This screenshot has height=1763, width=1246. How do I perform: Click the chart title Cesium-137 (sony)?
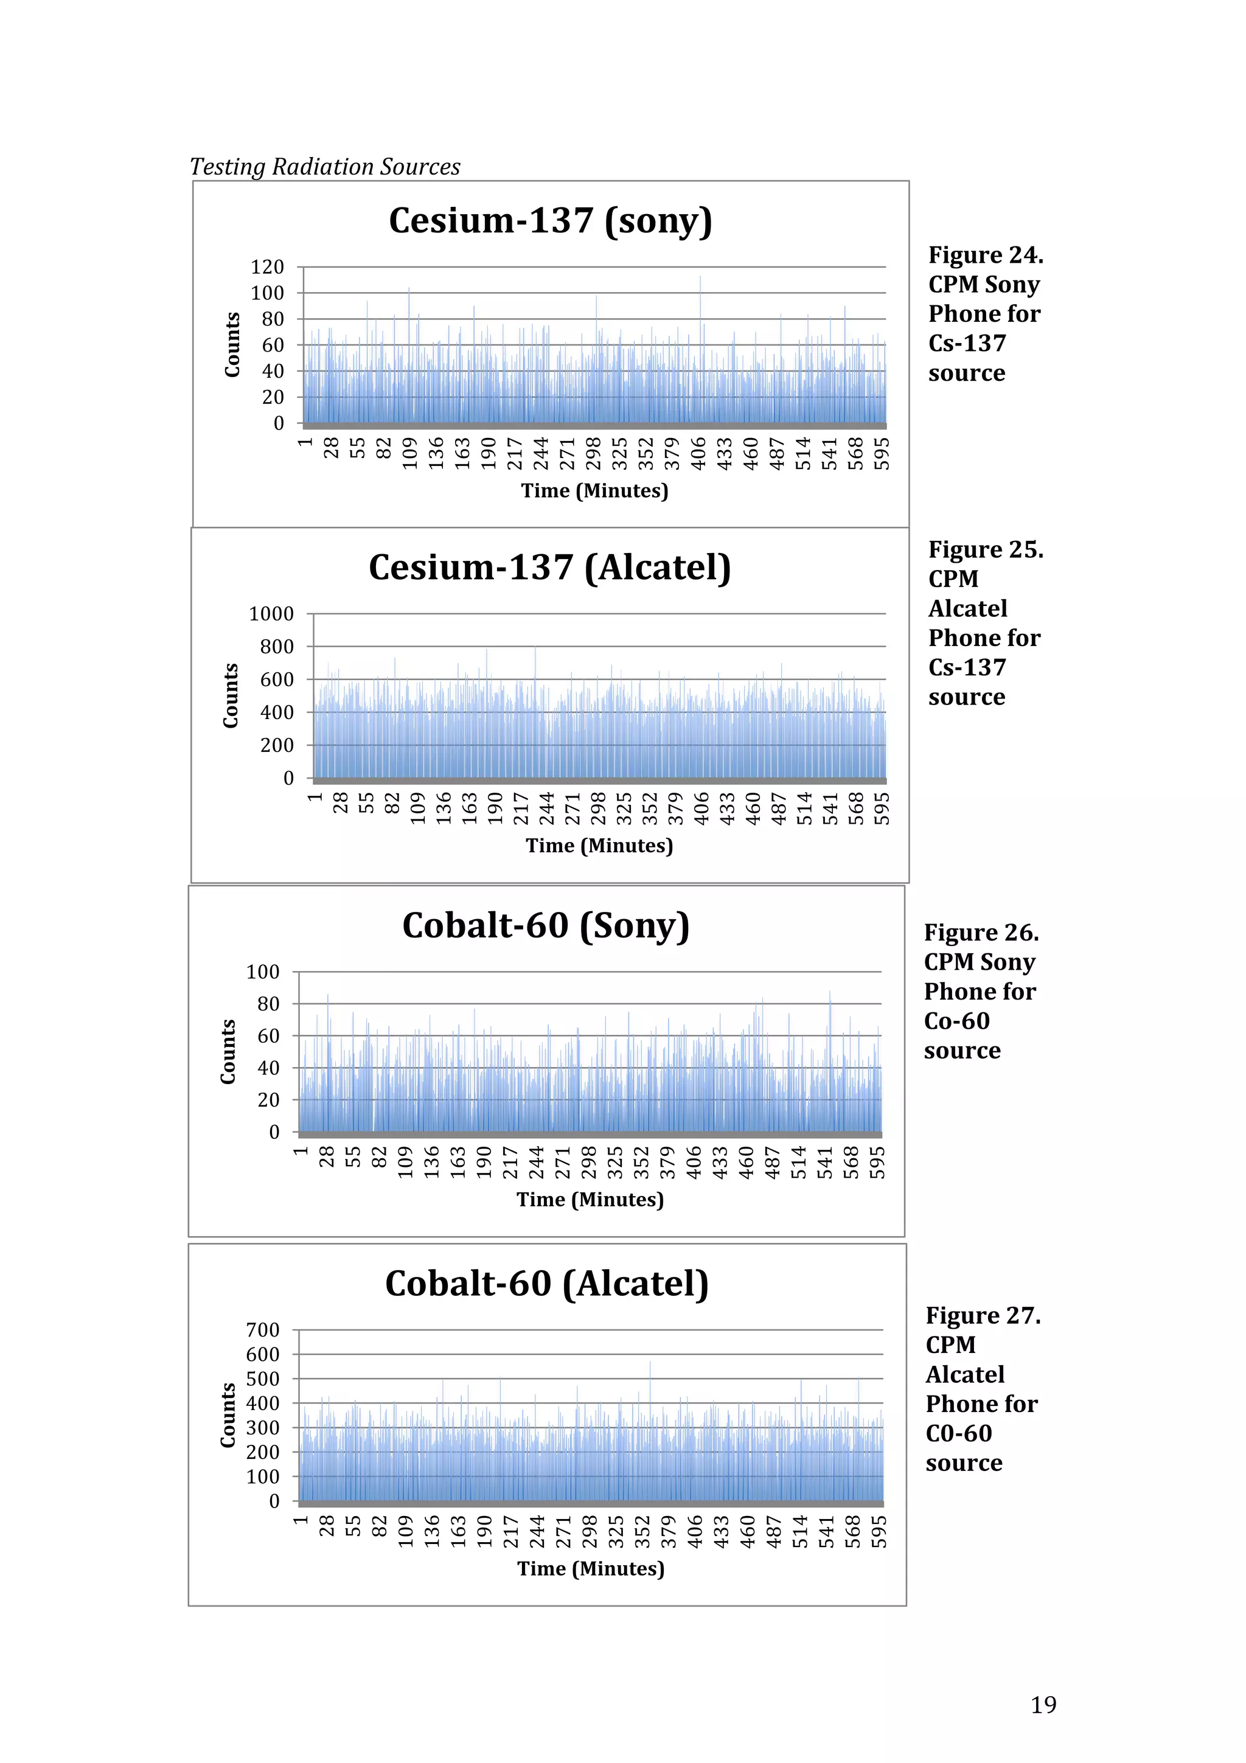(x=551, y=221)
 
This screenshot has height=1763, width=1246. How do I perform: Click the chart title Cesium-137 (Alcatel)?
(x=549, y=568)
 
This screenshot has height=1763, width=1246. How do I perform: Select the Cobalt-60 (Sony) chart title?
(x=546, y=926)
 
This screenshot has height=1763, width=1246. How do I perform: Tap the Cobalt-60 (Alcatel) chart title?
(x=546, y=1284)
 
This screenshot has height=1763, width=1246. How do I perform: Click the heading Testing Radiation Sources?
(x=325, y=167)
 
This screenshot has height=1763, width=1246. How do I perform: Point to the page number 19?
(x=1043, y=1705)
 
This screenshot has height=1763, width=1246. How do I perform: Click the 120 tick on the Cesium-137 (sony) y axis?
(x=267, y=267)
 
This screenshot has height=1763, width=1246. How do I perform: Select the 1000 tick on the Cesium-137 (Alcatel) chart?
(x=271, y=614)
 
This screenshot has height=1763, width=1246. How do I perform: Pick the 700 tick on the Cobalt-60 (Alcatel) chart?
(x=263, y=1330)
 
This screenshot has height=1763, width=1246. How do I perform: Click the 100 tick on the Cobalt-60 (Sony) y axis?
(x=263, y=972)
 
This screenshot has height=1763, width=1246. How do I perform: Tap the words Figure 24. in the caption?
(x=986, y=255)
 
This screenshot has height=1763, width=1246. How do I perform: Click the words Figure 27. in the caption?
(x=983, y=1315)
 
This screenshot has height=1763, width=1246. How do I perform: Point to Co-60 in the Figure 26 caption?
(x=956, y=1021)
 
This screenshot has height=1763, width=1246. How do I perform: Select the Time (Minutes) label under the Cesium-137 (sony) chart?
(x=594, y=491)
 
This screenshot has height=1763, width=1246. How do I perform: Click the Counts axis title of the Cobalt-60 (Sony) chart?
(x=228, y=1051)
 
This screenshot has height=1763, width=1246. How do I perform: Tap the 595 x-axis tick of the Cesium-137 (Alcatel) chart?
(x=883, y=808)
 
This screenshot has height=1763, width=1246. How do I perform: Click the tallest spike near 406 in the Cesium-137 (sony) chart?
(x=700, y=278)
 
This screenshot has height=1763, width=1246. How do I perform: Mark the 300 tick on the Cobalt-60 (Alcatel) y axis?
(x=263, y=1427)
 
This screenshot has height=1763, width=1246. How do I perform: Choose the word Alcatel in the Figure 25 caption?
(x=967, y=609)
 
